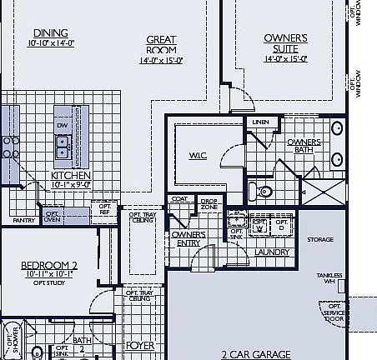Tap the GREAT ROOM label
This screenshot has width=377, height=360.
162,43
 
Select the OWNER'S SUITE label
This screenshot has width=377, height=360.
286,42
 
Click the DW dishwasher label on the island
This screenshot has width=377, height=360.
63,126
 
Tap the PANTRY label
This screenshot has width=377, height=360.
23,220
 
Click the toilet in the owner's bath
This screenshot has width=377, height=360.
263,191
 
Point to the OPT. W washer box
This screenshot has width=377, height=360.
259,224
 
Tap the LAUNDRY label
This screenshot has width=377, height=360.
272,252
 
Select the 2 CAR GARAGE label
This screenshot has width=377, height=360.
256,354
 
